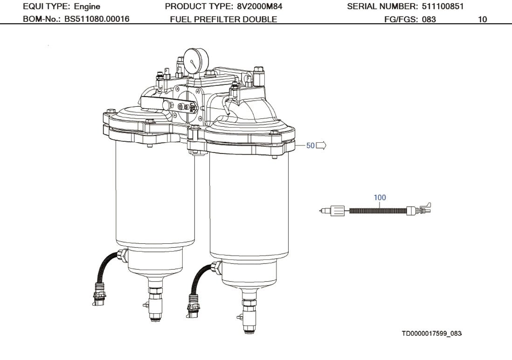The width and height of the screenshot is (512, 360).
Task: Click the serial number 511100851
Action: (443, 6)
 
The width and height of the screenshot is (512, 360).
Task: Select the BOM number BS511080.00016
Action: (97, 19)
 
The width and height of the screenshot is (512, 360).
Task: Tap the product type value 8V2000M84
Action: (260, 6)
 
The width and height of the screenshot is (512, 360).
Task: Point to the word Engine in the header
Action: (87, 7)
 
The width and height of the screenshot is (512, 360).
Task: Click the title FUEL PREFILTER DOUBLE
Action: (223, 19)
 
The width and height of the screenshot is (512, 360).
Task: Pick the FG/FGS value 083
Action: (429, 19)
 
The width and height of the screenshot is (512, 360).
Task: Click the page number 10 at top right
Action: (482, 19)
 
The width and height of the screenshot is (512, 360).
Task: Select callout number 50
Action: (310, 145)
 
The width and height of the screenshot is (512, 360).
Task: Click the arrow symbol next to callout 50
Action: (321, 145)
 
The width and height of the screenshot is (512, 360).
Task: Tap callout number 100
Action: (380, 197)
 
